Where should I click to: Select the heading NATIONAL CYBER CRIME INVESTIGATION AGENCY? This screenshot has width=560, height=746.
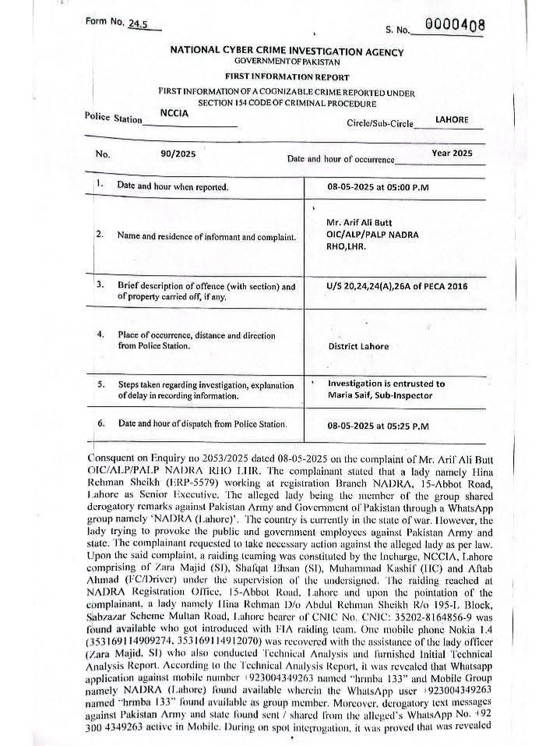[x=287, y=52]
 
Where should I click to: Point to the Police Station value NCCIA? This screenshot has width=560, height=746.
[x=175, y=112]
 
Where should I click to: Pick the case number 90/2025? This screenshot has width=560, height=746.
[x=178, y=154]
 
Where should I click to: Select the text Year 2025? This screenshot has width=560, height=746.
[x=452, y=154]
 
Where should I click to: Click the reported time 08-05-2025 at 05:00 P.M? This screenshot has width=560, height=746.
[x=383, y=188]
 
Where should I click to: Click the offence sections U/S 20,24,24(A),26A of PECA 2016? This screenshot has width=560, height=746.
[x=398, y=286]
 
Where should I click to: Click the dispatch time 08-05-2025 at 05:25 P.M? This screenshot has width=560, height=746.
[x=383, y=426]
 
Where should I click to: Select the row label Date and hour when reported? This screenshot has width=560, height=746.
[x=172, y=187]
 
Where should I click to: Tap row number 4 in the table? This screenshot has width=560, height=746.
[x=100, y=334]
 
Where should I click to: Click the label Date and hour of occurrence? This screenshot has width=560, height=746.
[x=340, y=160]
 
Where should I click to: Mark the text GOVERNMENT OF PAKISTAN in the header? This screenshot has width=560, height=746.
[x=287, y=63]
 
